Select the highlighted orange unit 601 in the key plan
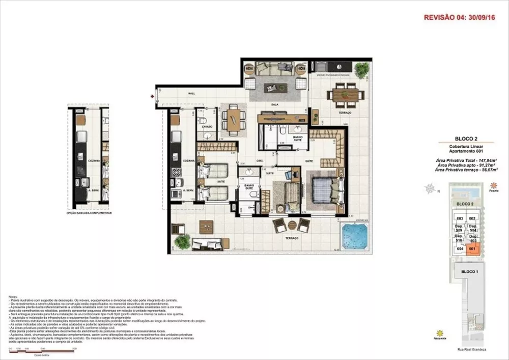(x=472, y=249)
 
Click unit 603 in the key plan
(x=460, y=218)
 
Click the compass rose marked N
(x=431, y=190)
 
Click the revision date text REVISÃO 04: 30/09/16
(x=460, y=17)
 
